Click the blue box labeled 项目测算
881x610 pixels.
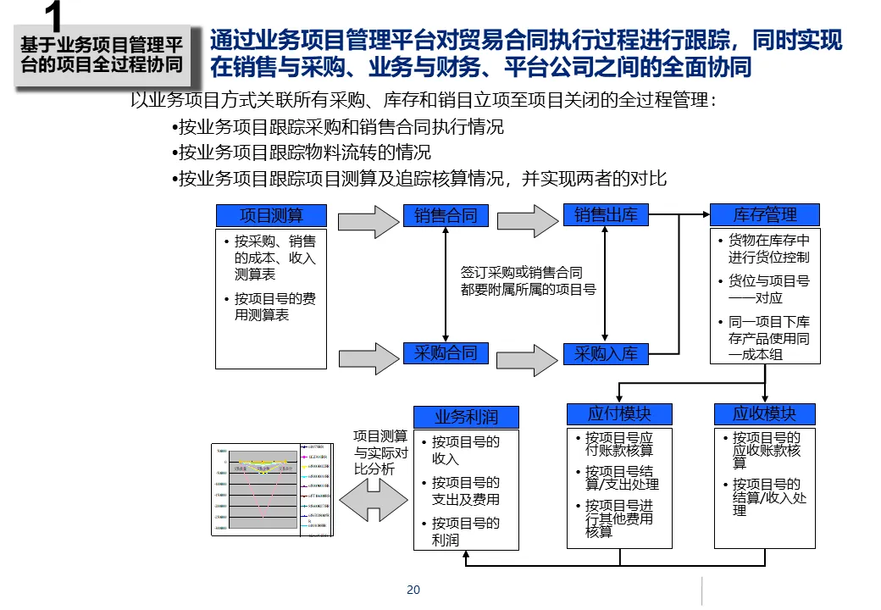click(271, 216)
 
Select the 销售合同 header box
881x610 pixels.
click(446, 215)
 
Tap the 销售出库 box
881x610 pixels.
click(606, 215)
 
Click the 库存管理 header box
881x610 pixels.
click(765, 215)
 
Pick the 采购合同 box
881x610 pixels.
click(446, 353)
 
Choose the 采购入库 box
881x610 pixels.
click(606, 354)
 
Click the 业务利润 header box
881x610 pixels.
click(466, 417)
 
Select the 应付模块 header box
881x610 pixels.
click(620, 414)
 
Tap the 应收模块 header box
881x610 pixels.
click(765, 414)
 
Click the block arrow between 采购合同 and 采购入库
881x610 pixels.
click(527, 358)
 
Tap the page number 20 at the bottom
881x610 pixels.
click(413, 590)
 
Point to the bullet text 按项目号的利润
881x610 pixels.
click(465, 531)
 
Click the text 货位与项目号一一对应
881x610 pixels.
click(768, 289)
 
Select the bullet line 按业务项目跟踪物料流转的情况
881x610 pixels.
click(303, 152)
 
